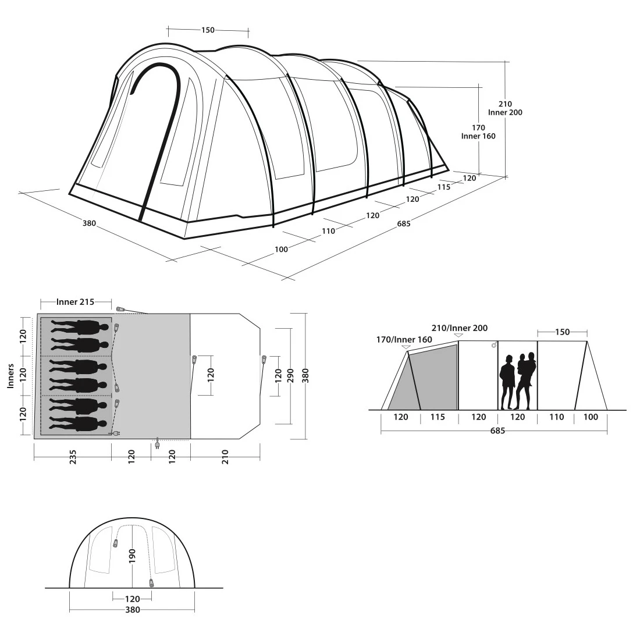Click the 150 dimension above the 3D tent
point(208,30)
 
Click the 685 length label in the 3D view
point(404,223)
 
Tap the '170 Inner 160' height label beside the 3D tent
point(478,132)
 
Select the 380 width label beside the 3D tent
point(89,223)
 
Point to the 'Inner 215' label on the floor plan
point(75,301)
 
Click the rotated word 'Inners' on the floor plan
point(10,376)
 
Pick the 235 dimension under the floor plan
point(73,457)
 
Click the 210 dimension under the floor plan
point(225,457)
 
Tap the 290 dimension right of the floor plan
point(290,375)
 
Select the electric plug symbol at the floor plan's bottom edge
point(157,443)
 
